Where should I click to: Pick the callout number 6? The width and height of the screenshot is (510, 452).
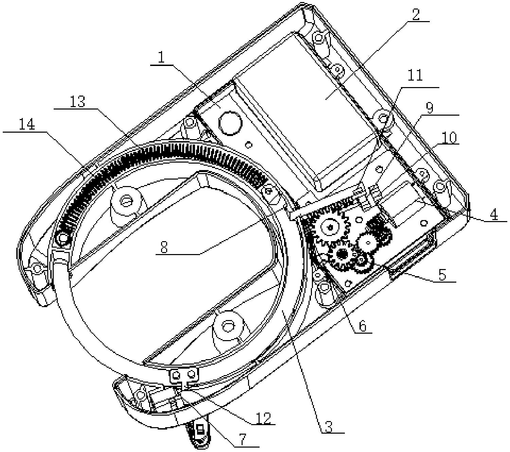click(x=363, y=327)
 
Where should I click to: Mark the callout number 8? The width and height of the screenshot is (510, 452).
click(x=164, y=247)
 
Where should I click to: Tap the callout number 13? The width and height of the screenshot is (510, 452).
click(x=77, y=102)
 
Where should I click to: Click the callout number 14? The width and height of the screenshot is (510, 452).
click(x=27, y=124)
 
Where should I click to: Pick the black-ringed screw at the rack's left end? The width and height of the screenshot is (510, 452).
click(x=63, y=237)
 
